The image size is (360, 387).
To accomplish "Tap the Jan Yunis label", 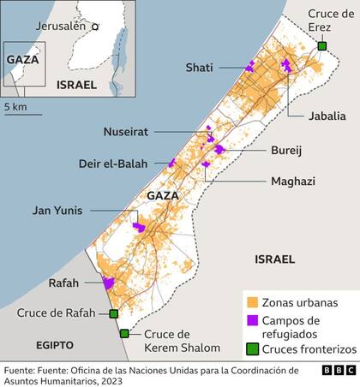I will pos(57,211).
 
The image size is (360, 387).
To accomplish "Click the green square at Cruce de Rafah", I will pos(113,313).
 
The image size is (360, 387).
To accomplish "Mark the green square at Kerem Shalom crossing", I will pos(125,334).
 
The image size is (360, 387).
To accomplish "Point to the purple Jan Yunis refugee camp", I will pos(139,227).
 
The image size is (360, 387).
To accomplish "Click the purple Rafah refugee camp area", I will pos(109,283).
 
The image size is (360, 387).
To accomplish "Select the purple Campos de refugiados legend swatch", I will pos(253,320).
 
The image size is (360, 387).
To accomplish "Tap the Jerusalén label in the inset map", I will pos(62,26).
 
